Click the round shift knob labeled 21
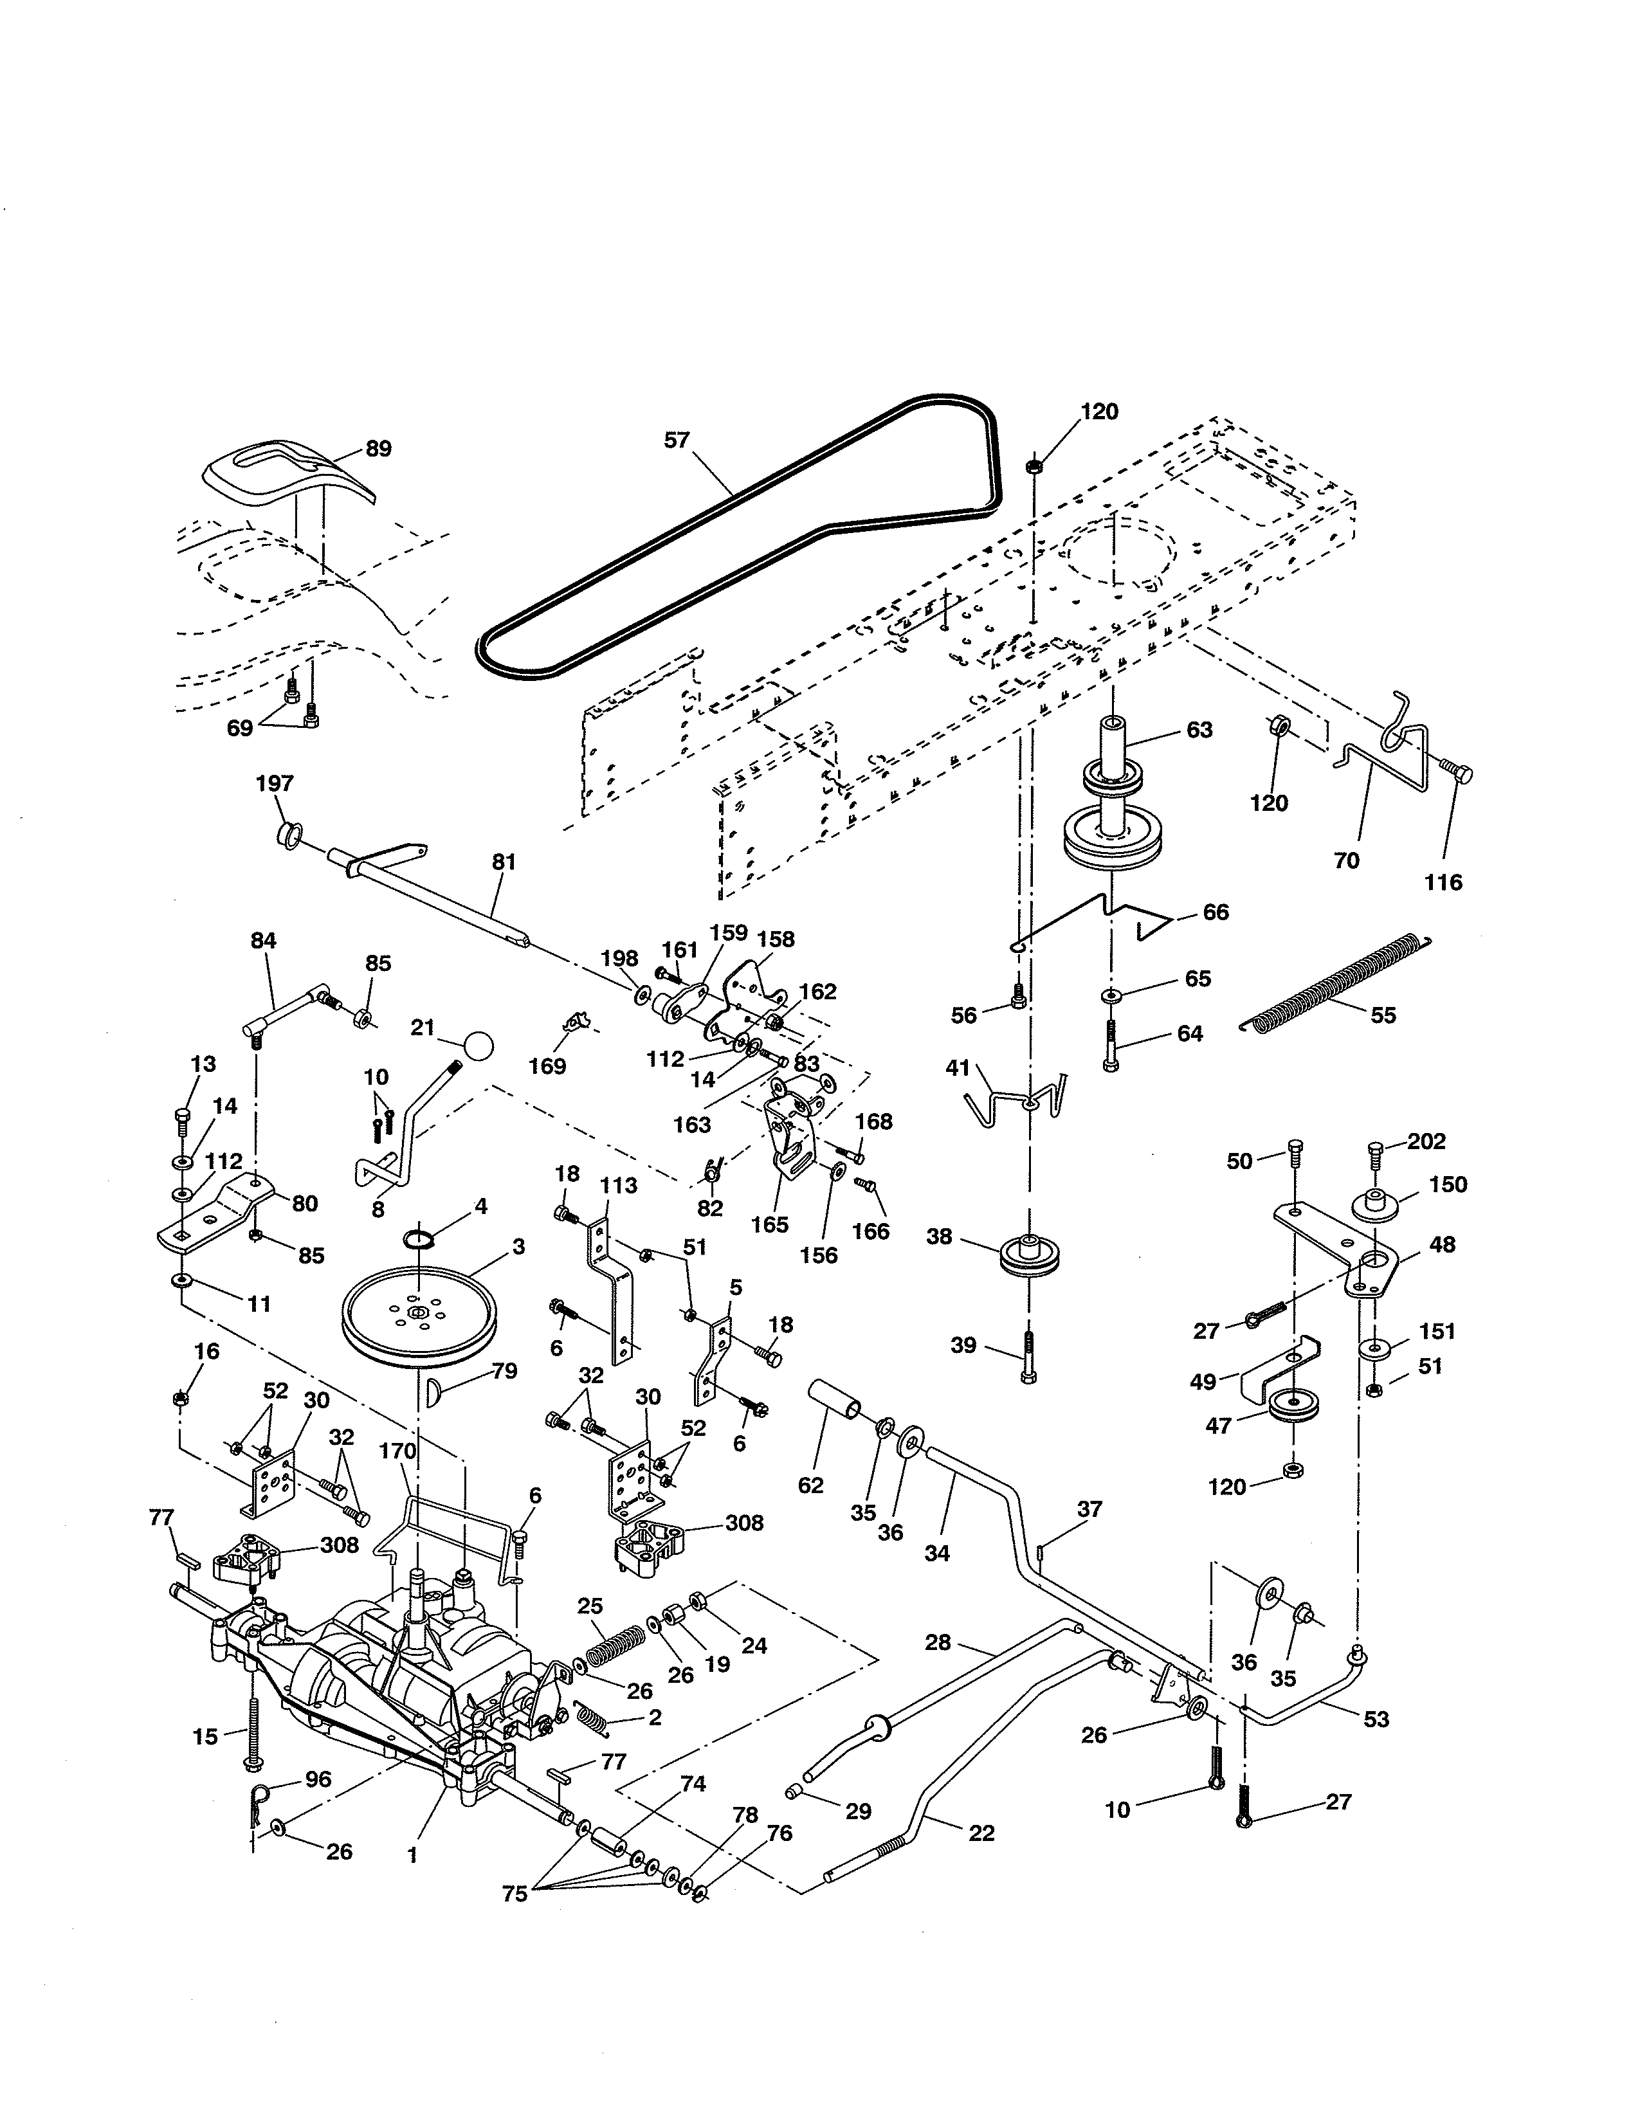click(x=477, y=1046)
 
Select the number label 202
click(x=1426, y=1141)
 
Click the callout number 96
click(x=318, y=1779)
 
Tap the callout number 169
click(x=547, y=1066)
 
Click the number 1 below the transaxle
click(x=412, y=1854)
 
